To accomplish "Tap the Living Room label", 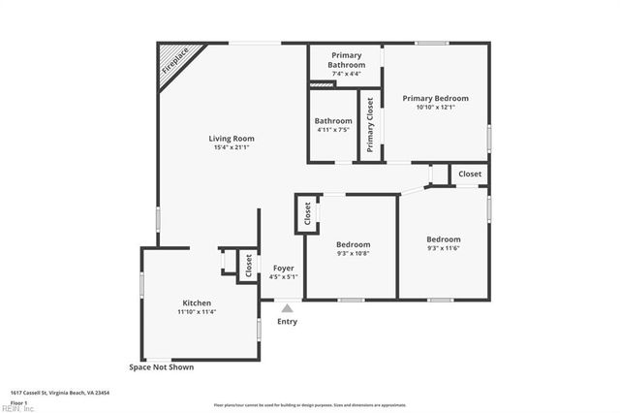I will pos(231,139).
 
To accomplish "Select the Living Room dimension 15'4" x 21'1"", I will pos(231,147).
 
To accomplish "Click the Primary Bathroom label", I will pos(346,60).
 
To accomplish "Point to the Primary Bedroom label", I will pos(435,98).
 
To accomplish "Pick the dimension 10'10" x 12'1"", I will pos(435,107).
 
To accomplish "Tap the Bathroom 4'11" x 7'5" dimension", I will pos(332,130).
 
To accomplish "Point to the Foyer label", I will pos(283,268).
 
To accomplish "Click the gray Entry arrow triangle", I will pos(287,308).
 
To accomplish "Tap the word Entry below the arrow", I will pos(288,322).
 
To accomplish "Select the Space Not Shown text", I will pos(162,367).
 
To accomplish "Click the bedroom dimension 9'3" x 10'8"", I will pos(353,253).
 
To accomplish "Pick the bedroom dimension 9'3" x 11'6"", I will pos(444,248).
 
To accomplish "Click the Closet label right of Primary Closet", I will pos(470,174).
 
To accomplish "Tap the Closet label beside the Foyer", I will pos(249,267).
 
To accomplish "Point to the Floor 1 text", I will pos(19,401).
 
